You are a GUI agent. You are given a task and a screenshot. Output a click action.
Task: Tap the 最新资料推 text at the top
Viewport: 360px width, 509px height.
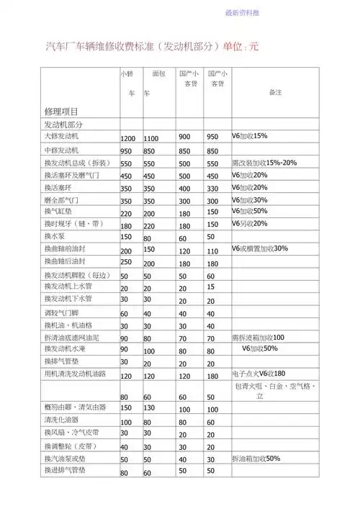point(243,13)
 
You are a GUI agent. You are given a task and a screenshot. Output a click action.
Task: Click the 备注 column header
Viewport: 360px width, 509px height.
point(274,92)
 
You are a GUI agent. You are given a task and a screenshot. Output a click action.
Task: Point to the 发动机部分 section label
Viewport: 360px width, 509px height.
point(63,125)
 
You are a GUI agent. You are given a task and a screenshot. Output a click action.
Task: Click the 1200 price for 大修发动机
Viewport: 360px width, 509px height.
point(127,138)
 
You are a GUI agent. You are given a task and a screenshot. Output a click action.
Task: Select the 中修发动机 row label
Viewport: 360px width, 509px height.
point(65,150)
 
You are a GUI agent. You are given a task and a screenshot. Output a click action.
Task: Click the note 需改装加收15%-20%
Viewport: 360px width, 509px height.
point(264,162)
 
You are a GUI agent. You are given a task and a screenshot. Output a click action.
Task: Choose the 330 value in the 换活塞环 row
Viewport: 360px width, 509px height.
point(212,189)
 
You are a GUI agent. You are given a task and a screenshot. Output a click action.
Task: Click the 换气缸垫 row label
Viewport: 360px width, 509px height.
point(58,212)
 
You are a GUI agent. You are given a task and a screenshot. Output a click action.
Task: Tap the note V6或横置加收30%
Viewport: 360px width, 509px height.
point(260,248)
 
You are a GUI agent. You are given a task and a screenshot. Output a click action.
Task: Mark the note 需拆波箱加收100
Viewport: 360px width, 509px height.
point(258,337)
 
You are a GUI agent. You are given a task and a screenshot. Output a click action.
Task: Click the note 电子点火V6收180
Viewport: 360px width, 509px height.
point(258,374)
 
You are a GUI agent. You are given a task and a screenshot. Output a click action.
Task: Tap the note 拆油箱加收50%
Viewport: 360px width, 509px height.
point(256,458)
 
